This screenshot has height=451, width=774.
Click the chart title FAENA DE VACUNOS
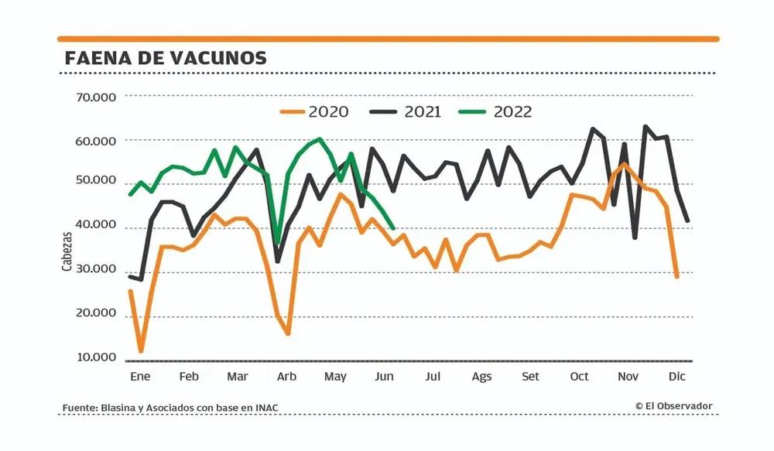[x=166, y=58]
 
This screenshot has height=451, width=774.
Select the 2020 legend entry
[x=314, y=111]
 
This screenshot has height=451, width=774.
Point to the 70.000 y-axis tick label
[x=95, y=97]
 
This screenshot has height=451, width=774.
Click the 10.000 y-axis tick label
[x=95, y=358]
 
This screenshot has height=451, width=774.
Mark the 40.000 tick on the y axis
[x=95, y=226]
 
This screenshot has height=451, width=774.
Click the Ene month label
[x=139, y=377]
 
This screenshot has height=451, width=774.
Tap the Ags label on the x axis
[x=481, y=377]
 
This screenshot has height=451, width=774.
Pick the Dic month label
[x=677, y=377]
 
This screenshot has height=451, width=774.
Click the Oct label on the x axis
[x=579, y=377]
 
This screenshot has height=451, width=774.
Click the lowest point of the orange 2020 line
[x=141, y=351]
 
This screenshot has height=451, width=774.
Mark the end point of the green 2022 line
[x=394, y=228]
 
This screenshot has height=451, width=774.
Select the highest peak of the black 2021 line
[x=646, y=126]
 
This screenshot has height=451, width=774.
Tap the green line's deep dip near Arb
[x=277, y=243]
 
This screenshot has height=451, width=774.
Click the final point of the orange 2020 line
[x=677, y=276]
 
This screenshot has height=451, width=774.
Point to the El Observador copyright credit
[x=673, y=406]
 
